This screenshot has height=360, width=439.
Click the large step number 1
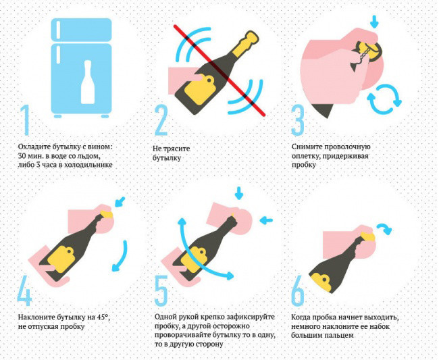pyautogui.click(x=25, y=120)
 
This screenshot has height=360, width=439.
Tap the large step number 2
pyautogui.click(x=161, y=120)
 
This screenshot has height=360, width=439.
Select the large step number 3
pyautogui.click(x=298, y=120)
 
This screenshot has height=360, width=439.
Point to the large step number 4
pyautogui.click(x=24, y=290)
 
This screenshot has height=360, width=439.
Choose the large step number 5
pyautogui.click(x=161, y=290)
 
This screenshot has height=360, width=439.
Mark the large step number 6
pyautogui.click(x=298, y=290)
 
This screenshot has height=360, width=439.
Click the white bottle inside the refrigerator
pyautogui.click(x=88, y=82)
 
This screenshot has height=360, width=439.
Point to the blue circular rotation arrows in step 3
pyautogui.click(x=384, y=99)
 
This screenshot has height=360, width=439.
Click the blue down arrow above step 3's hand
pyautogui.click(x=373, y=22)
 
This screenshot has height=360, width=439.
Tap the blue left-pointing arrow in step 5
pyautogui.click(x=266, y=220)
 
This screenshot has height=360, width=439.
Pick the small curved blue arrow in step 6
pyautogui.click(x=385, y=228)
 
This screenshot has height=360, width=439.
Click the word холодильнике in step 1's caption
pyautogui.click(x=88, y=165)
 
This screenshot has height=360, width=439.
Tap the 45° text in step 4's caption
pyautogui.click(x=103, y=317)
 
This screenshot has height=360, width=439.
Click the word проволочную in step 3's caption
pyautogui.click(x=346, y=147)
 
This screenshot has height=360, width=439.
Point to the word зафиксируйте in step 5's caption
pyautogui.click(x=251, y=317)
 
